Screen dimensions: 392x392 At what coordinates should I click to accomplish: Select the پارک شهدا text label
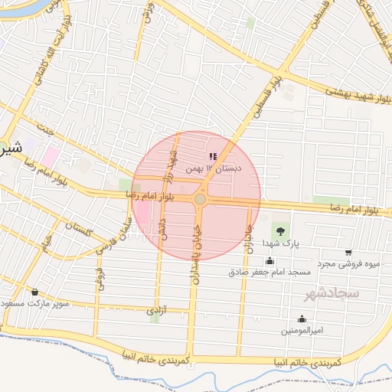tap(279, 243)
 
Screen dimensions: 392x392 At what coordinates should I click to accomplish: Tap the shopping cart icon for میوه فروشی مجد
tap(348, 253)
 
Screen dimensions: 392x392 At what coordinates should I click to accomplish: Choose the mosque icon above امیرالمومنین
tap(302, 319)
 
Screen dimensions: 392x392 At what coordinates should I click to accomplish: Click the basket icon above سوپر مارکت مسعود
tap(35, 292)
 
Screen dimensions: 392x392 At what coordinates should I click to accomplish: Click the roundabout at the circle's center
tap(200, 199)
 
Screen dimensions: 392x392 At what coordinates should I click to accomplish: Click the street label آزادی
tap(154, 312)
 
